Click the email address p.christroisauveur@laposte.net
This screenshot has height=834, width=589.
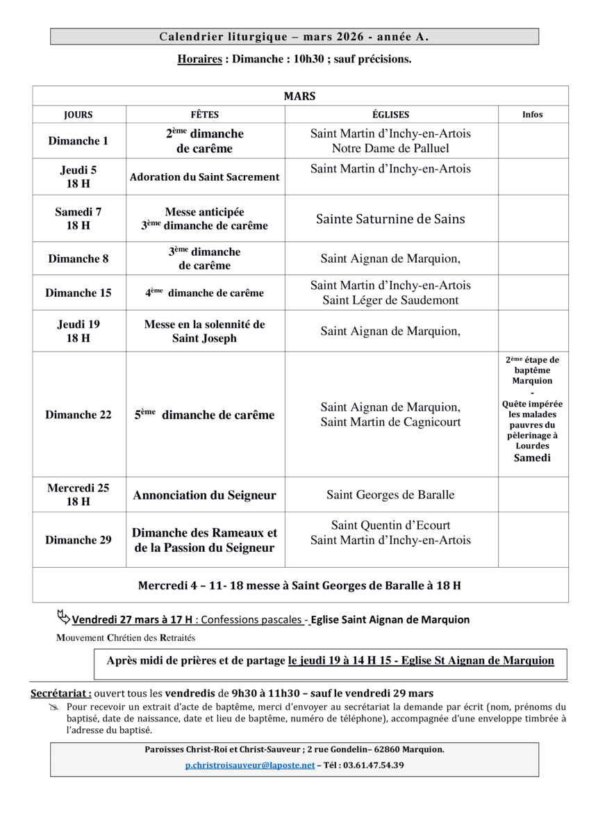250,765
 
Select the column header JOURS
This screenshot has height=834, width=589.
78,115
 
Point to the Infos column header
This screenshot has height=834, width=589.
533,115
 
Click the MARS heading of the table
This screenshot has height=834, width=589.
300,96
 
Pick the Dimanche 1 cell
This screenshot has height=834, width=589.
78,141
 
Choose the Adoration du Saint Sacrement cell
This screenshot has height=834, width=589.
205,177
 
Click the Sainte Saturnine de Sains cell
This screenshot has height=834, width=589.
390,219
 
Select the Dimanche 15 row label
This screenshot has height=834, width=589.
78,293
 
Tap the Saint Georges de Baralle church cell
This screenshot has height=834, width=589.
390,495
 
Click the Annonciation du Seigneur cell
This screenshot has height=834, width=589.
205,496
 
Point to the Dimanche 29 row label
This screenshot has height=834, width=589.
78,540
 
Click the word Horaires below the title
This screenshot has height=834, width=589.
199,60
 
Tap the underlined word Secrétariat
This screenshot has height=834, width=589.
60,693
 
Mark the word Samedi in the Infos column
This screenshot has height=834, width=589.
532,458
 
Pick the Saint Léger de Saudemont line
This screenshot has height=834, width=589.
390,300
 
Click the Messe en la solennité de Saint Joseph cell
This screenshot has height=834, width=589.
205,332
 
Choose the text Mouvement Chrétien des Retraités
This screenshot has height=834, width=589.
126,637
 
